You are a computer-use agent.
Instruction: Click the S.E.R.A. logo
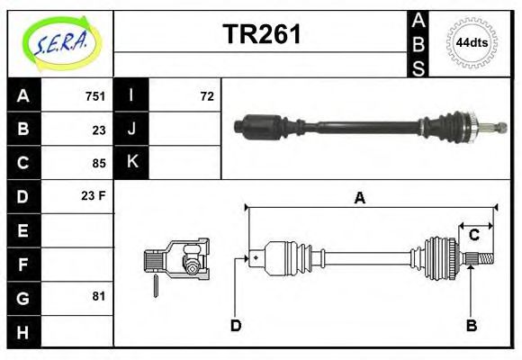pos(61,42)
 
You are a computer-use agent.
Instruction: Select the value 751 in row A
pos(95,96)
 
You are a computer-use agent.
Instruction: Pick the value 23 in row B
pos(99,130)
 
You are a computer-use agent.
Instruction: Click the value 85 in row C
pos(99,164)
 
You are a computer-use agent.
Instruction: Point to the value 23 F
pos(94,195)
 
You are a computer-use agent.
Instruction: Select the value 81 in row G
pos(99,296)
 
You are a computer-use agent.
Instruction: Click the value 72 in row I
pos(206,96)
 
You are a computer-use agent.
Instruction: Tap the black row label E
pos(23,230)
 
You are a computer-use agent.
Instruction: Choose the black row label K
pos(132,163)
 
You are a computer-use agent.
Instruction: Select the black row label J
pos(132,130)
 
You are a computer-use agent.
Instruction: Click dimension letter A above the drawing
pos(359,199)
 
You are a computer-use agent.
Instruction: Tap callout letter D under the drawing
pos(236,325)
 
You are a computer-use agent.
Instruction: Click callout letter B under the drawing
pos(471,325)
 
